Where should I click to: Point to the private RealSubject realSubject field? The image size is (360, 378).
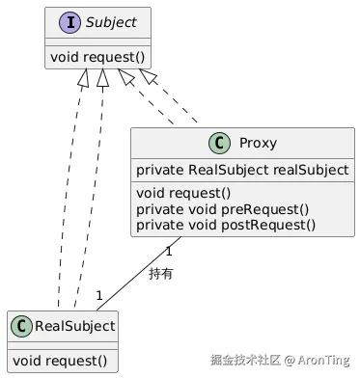[242, 171]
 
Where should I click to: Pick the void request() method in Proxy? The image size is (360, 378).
[179, 192]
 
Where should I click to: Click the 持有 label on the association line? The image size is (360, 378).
[161, 274]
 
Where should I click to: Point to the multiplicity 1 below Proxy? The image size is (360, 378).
[168, 252]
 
